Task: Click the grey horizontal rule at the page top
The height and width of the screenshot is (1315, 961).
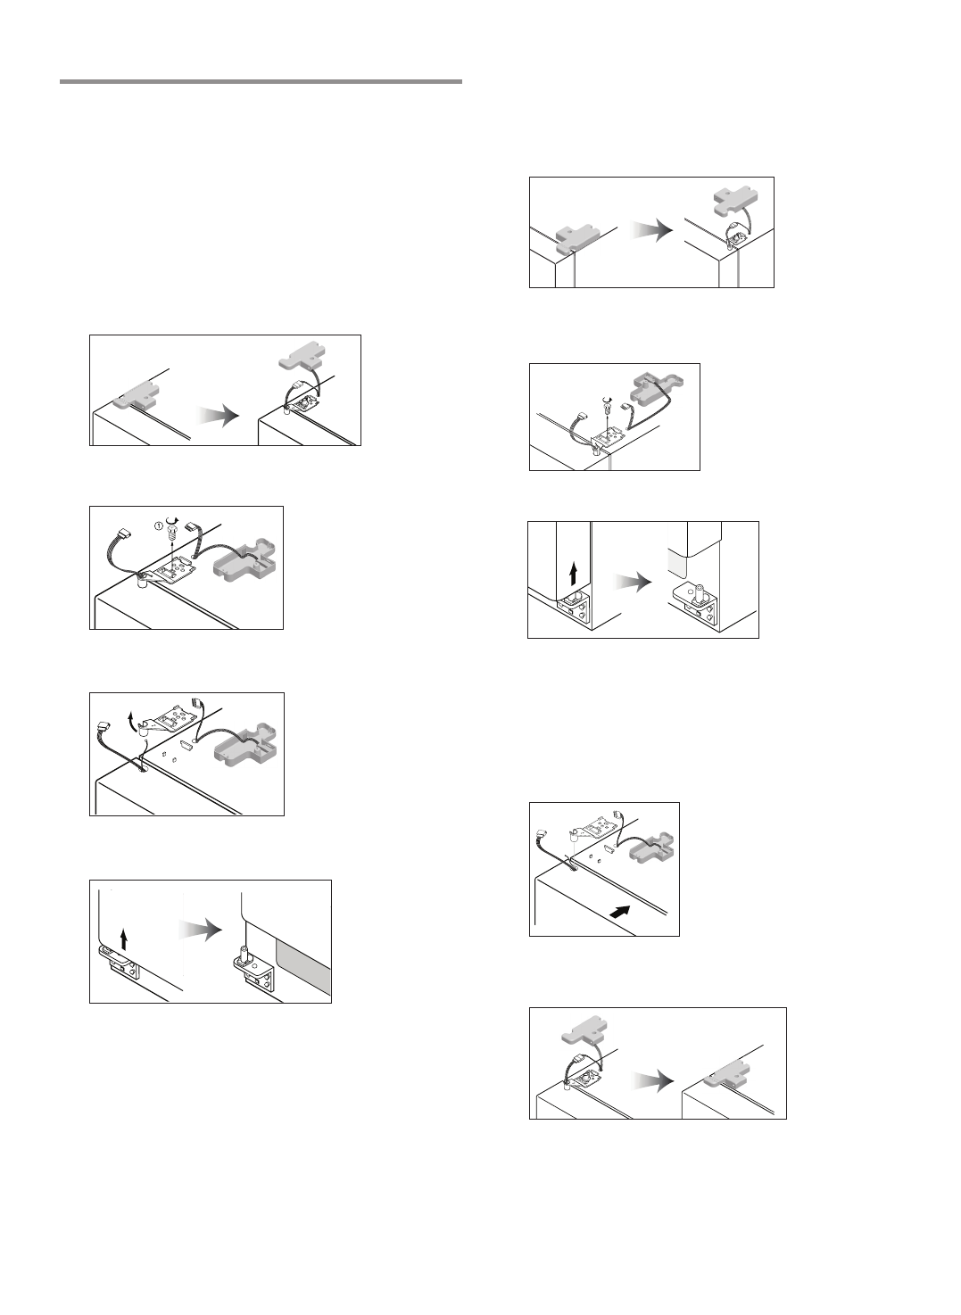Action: pos(261,81)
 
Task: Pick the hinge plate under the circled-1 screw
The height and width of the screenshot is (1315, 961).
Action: pos(178,567)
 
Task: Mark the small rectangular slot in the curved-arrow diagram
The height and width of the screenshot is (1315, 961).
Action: pos(188,742)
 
